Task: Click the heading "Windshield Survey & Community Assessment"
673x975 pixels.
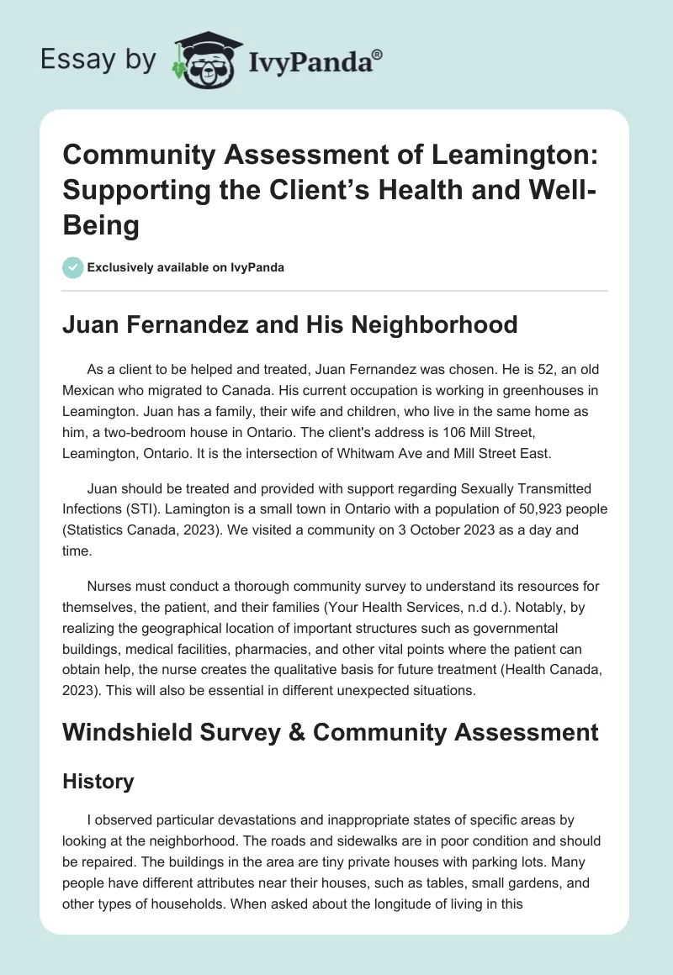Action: click(x=330, y=731)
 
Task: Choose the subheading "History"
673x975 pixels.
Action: click(x=98, y=781)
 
